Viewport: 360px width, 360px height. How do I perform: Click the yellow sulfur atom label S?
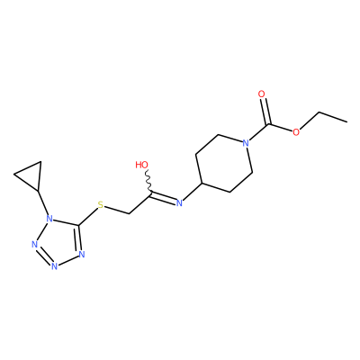(x=101, y=205)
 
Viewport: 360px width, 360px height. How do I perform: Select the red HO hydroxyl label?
(x=142, y=165)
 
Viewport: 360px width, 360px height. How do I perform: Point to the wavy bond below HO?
(x=148, y=181)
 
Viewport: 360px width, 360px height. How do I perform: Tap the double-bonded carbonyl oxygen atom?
(x=262, y=94)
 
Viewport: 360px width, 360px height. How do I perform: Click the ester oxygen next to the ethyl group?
(x=296, y=132)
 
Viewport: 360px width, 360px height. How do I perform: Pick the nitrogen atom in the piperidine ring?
(x=246, y=143)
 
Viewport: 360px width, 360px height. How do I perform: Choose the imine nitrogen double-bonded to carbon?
(x=179, y=203)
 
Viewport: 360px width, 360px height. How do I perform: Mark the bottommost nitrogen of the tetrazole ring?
(x=54, y=266)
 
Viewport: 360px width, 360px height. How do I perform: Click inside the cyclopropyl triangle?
(x=31, y=175)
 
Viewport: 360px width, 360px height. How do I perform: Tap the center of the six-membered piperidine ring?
(x=224, y=164)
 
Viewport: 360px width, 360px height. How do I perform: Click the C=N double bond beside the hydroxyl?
(x=164, y=197)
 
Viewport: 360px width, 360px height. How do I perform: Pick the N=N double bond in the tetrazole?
(x=43, y=256)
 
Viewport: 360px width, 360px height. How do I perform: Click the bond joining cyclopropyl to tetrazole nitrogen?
(x=43, y=202)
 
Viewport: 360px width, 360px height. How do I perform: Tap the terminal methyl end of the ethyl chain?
(x=347, y=121)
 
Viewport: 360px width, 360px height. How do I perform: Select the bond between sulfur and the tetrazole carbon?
(x=88, y=216)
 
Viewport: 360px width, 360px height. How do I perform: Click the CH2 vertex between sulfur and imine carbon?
(x=129, y=213)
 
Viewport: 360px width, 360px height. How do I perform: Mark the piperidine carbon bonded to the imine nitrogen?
(x=202, y=183)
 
